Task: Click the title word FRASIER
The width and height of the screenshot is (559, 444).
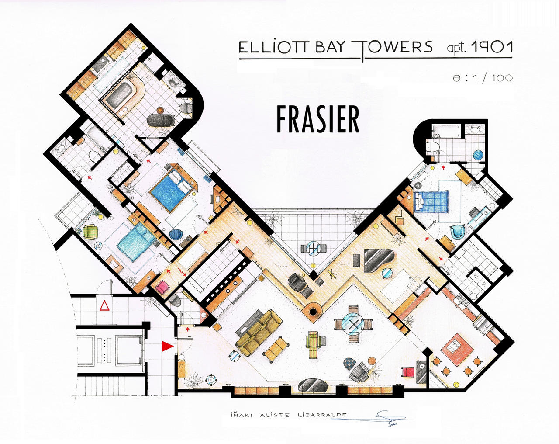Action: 318,120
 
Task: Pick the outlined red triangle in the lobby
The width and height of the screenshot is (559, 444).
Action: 104,305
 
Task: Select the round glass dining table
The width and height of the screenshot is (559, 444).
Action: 353,324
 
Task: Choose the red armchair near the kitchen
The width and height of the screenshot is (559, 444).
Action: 408,372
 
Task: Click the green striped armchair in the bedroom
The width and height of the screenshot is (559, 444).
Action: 90,231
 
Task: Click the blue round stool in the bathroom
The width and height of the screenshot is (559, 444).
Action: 478,155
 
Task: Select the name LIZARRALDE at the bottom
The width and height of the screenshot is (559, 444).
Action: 322,415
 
